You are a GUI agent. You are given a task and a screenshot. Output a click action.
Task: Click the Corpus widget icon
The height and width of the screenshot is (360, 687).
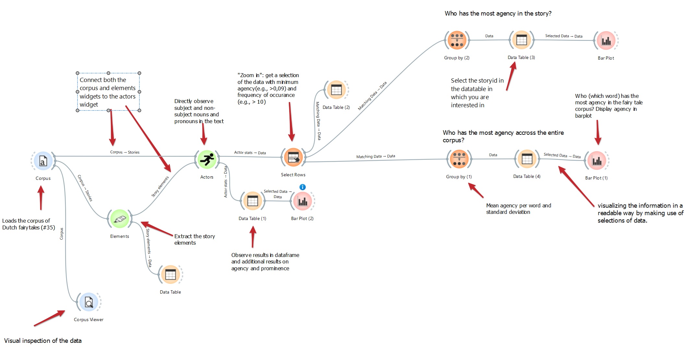pos(43,161)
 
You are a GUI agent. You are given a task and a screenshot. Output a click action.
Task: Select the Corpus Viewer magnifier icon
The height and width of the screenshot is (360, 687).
pos(89,302)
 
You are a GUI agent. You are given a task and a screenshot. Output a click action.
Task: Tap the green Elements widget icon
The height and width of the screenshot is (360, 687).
pos(120,219)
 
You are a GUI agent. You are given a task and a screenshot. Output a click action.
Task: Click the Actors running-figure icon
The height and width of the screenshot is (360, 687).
pos(207,159)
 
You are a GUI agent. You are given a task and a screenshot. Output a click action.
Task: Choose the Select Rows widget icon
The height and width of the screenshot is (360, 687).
pos(293,157)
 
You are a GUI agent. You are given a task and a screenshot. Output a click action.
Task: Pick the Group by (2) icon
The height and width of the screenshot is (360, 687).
pos(457,40)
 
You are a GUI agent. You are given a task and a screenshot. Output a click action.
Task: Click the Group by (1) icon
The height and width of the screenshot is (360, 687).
pos(459,159)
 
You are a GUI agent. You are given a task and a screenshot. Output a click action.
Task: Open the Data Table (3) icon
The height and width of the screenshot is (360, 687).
pos(521,40)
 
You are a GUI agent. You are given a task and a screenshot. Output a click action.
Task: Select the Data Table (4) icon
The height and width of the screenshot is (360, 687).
pos(527,159)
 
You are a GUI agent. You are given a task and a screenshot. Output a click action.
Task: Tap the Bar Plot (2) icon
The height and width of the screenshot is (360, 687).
pos(302,201)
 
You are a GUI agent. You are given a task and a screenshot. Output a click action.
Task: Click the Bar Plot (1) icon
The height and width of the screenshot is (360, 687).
pos(597,160)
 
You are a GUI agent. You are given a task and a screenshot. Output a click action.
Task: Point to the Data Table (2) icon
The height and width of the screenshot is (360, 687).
pos(336,90)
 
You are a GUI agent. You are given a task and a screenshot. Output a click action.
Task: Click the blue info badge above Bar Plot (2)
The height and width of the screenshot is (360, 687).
pos(302,187)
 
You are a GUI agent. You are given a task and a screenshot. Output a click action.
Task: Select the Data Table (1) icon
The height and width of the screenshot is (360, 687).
pos(253,201)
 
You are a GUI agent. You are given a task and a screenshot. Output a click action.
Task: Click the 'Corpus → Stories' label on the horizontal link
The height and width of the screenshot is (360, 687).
pos(125,152)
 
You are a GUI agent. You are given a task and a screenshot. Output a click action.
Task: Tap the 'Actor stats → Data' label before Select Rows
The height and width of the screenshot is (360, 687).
pos(250,153)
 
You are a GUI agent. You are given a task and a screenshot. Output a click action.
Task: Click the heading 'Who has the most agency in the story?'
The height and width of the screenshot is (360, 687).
pos(498,13)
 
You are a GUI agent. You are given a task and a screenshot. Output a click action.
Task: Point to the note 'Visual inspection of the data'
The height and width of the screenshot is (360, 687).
pos(43,341)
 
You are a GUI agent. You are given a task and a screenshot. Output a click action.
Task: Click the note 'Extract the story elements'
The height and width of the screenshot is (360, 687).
pos(195,239)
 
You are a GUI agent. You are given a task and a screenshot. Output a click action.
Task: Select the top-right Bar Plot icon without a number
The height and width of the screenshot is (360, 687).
pos(606,41)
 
